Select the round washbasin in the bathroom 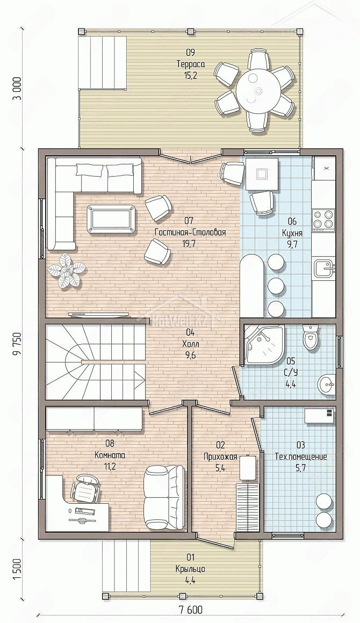[x=326, y=384]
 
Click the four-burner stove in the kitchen [x=324, y=220]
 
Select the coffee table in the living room [x=110, y=218]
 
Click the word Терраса [x=191, y=64]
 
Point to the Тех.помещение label [x=301, y=457]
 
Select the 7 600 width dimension [x=190, y=610]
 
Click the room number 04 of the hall [x=190, y=332]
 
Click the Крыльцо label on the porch [x=190, y=569]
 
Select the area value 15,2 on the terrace [x=191, y=74]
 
